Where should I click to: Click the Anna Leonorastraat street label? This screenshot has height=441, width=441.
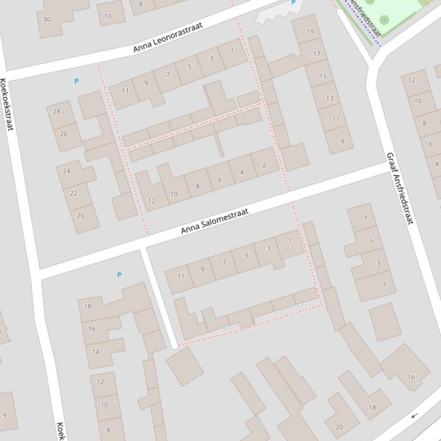[x=167, y=38]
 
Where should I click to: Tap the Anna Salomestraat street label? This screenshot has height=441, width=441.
[x=215, y=221]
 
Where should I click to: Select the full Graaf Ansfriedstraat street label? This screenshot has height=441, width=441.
[x=399, y=188]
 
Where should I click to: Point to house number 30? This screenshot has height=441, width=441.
[x=46, y=19]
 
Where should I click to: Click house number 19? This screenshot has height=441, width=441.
[x=310, y=32]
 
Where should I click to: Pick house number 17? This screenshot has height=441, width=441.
[x=317, y=54]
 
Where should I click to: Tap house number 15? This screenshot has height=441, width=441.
[x=323, y=76]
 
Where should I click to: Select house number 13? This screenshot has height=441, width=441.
[x=329, y=99]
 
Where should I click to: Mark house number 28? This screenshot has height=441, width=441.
[x=56, y=111]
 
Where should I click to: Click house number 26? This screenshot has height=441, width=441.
[x=63, y=134]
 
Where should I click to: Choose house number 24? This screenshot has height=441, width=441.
[x=67, y=171]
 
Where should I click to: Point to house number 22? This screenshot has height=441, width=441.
[x=73, y=193]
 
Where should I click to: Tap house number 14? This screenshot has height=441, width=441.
[x=96, y=352]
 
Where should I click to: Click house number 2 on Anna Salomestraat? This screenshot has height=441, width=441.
[x=264, y=166]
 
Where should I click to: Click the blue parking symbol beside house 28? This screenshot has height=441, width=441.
[x=76, y=81]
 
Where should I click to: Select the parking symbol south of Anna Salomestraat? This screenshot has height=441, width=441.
[x=119, y=275]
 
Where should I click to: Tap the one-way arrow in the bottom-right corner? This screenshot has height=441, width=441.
[x=414, y=415]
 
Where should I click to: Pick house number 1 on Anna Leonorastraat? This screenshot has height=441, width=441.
[x=232, y=50]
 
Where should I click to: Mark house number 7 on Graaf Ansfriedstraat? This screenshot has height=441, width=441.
[x=365, y=218]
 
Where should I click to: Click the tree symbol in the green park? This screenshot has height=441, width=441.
[x=384, y=20]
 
